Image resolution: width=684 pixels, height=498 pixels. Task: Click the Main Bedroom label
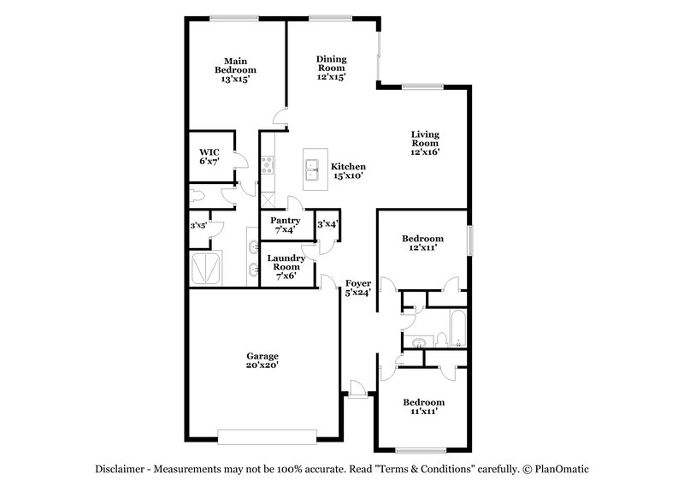[x=229, y=69]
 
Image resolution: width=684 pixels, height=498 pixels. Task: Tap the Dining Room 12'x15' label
[x=330, y=67]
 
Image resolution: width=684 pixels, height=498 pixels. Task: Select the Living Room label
[x=424, y=143]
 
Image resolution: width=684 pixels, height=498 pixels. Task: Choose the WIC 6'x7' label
[x=209, y=157]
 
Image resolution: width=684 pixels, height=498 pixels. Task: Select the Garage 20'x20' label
[x=262, y=360]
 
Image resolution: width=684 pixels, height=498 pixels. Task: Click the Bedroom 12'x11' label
[x=423, y=242]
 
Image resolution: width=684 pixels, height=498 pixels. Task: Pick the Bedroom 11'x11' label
[x=423, y=407]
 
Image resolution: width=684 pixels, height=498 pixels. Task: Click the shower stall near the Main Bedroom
[x=207, y=268]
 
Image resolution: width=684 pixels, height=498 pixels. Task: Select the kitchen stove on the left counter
[x=268, y=163]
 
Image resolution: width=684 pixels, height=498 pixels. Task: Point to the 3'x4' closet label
[x=327, y=224]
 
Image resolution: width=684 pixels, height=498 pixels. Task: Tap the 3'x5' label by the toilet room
[x=198, y=227]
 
